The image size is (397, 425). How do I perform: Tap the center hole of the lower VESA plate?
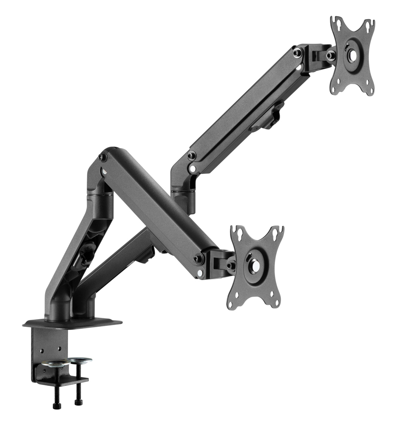(255, 266)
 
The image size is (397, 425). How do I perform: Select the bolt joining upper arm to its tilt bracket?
(298, 52)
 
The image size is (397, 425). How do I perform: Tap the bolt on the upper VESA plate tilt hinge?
(330, 55)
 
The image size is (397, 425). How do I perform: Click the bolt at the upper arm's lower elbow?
(192, 156)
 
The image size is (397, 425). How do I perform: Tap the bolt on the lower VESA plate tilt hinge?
(230, 266)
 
